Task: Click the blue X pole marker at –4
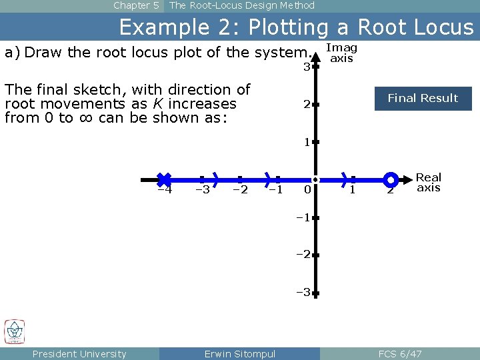(x=164, y=179)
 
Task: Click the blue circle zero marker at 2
(x=391, y=179)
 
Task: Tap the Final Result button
(x=423, y=98)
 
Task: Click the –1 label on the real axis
(x=275, y=190)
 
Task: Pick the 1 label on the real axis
(x=352, y=190)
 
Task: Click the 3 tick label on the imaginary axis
(x=306, y=67)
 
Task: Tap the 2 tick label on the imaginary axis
(x=306, y=105)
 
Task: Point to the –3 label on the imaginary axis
(x=303, y=292)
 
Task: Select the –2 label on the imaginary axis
(x=303, y=255)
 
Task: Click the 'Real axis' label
(x=429, y=182)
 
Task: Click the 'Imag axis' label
(x=342, y=53)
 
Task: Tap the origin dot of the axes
(x=315, y=179)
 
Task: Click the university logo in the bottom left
(x=15, y=331)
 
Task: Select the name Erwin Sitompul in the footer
(x=239, y=353)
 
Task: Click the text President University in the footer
(x=79, y=353)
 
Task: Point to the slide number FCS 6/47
(x=400, y=353)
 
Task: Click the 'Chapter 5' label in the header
(x=136, y=5)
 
